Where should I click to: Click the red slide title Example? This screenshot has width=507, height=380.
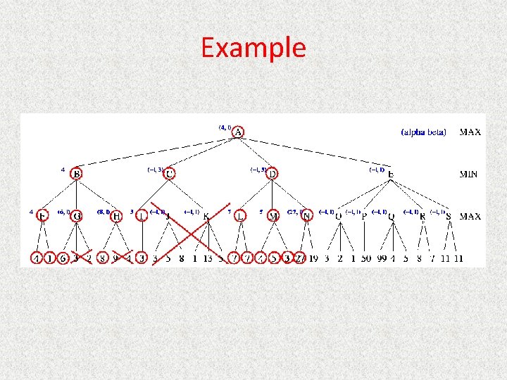click(x=253, y=48)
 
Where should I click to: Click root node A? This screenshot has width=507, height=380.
click(x=238, y=132)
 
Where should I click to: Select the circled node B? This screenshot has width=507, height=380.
click(x=77, y=174)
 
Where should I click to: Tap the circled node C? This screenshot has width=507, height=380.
click(x=170, y=174)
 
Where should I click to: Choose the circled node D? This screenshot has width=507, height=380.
click(x=272, y=174)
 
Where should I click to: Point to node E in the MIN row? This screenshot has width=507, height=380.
click(x=391, y=175)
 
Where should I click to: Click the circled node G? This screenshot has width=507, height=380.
click(x=77, y=216)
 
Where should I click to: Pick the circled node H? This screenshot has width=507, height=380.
click(x=116, y=216)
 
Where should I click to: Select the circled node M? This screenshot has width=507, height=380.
click(x=273, y=216)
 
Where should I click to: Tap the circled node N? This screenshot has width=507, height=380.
click(x=306, y=216)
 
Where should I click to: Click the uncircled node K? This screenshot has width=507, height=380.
click(x=206, y=217)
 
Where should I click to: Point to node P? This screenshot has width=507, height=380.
click(x=364, y=217)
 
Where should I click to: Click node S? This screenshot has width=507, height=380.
click(x=449, y=217)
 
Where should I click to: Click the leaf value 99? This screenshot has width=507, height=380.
click(x=381, y=258)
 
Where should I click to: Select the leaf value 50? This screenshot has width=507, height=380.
click(x=365, y=258)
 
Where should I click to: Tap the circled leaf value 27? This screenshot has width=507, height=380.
click(x=299, y=258)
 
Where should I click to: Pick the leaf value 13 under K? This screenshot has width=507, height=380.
click(x=207, y=258)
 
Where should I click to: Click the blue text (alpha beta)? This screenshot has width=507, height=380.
click(x=423, y=132)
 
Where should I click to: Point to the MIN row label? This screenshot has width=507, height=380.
click(x=469, y=174)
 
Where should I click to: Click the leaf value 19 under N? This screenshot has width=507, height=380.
click(x=313, y=258)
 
